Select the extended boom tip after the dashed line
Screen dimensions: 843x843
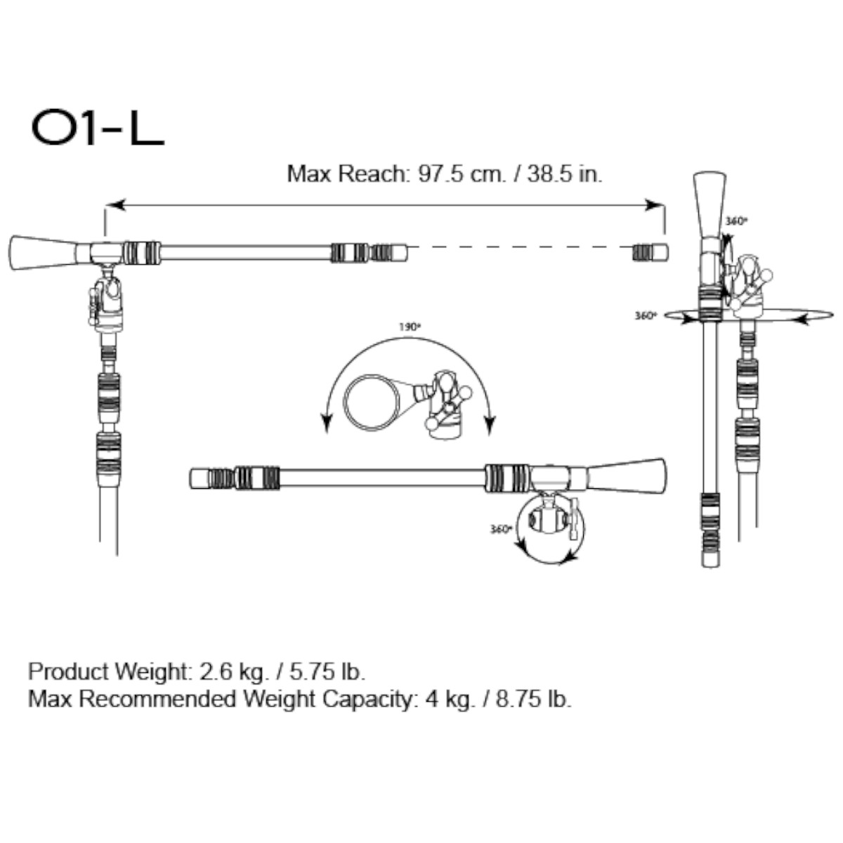pos(651,252)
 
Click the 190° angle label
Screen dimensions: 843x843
pos(410,327)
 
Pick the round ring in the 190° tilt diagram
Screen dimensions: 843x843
pos(372,401)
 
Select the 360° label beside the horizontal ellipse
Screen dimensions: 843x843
pos(645,316)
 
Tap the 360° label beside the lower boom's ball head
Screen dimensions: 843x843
pos(499,529)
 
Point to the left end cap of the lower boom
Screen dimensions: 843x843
pos(200,478)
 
